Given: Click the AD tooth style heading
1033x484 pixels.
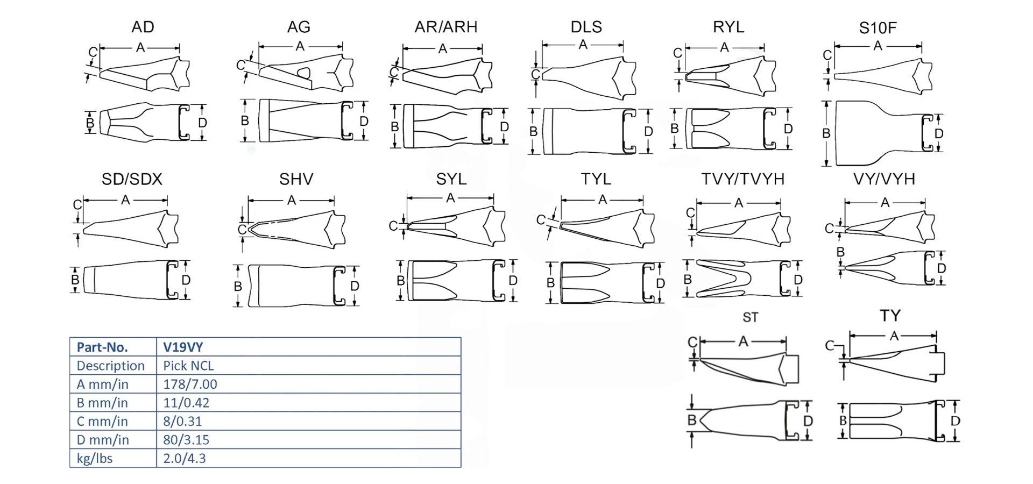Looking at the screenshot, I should [x=143, y=27].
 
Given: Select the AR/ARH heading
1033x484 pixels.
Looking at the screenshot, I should [x=445, y=27].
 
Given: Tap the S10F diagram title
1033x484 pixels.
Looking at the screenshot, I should [x=878, y=28].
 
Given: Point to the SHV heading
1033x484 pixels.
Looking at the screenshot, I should [x=296, y=179].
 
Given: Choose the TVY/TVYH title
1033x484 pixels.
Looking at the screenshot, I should [x=742, y=179].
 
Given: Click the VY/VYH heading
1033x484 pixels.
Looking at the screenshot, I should [x=884, y=179].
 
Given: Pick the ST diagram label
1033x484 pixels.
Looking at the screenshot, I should [x=750, y=317].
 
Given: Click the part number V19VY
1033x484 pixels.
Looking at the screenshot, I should [x=183, y=347].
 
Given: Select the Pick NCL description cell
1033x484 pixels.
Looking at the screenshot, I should [x=188, y=366].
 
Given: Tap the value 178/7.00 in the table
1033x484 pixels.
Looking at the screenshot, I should [x=190, y=384].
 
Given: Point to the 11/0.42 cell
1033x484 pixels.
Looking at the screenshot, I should [x=186, y=403].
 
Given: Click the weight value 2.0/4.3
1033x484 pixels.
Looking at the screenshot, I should [x=184, y=458].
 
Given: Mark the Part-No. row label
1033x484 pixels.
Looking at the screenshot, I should [x=102, y=347].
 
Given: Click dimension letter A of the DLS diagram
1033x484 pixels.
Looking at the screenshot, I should [x=583, y=45].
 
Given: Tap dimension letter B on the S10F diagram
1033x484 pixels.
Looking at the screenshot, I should [x=826, y=133].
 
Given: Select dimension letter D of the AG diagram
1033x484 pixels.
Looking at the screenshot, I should [x=364, y=121].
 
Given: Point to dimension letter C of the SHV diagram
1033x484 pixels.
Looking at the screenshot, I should [x=242, y=230].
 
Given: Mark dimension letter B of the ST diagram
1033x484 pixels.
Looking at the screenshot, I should [x=692, y=419].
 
